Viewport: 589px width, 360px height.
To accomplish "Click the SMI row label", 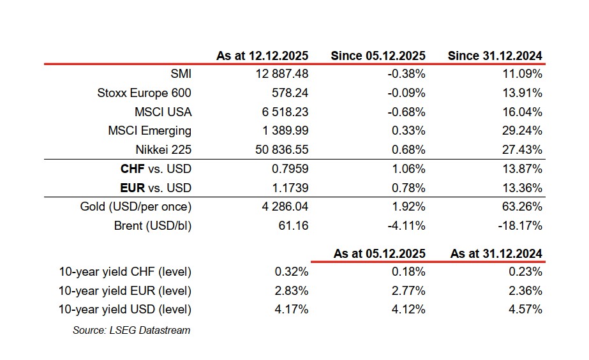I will coord(181,74).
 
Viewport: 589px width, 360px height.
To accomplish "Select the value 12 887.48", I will coord(281,74).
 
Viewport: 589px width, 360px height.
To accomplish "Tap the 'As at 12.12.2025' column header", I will coord(262,56).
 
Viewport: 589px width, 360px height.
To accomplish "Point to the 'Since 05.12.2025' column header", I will coord(378,56).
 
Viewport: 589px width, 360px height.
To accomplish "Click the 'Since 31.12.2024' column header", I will coord(495,56).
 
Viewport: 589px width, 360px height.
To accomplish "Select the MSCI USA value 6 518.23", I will coord(284,112).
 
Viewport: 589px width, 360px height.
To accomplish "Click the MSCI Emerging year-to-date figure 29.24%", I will coord(521,131).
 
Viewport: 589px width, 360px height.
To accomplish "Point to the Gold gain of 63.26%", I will coord(521,207).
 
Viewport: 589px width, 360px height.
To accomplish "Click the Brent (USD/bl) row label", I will coord(153,226).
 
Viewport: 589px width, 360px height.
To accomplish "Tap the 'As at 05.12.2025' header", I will coord(379,253).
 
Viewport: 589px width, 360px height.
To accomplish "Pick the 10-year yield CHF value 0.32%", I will coord(292,272).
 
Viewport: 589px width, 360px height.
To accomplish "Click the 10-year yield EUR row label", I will coord(124,291).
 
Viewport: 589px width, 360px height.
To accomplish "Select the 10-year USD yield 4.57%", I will coord(525,310).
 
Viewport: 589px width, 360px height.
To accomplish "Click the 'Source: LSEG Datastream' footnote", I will coord(131,330).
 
